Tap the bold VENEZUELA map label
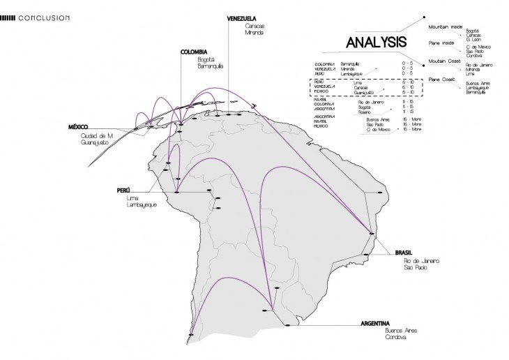click(241, 18)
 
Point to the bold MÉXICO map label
click(82, 127)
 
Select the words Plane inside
click(441, 43)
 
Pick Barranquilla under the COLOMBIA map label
click(199, 68)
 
